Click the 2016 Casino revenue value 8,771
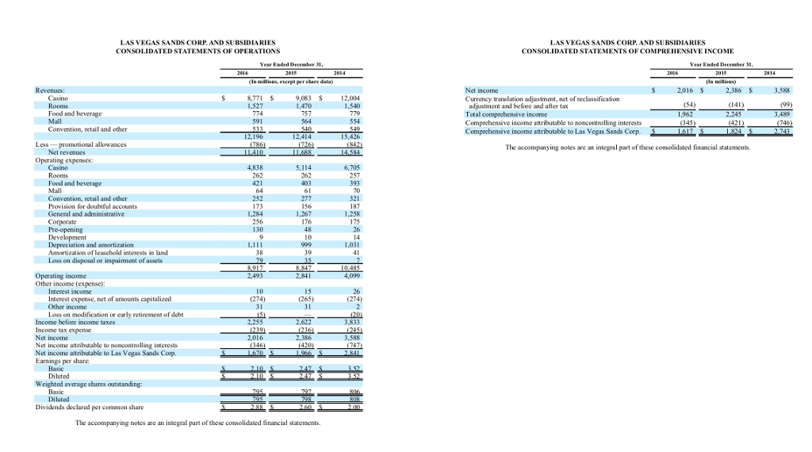point(250,98)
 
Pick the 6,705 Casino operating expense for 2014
point(350,168)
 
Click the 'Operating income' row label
point(62,276)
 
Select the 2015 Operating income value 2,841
point(301,276)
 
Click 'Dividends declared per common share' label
point(90,407)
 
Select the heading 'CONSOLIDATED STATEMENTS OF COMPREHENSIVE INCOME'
point(627,52)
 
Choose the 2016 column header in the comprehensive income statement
point(671,74)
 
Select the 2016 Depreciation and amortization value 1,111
point(251,245)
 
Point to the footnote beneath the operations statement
point(197,423)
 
